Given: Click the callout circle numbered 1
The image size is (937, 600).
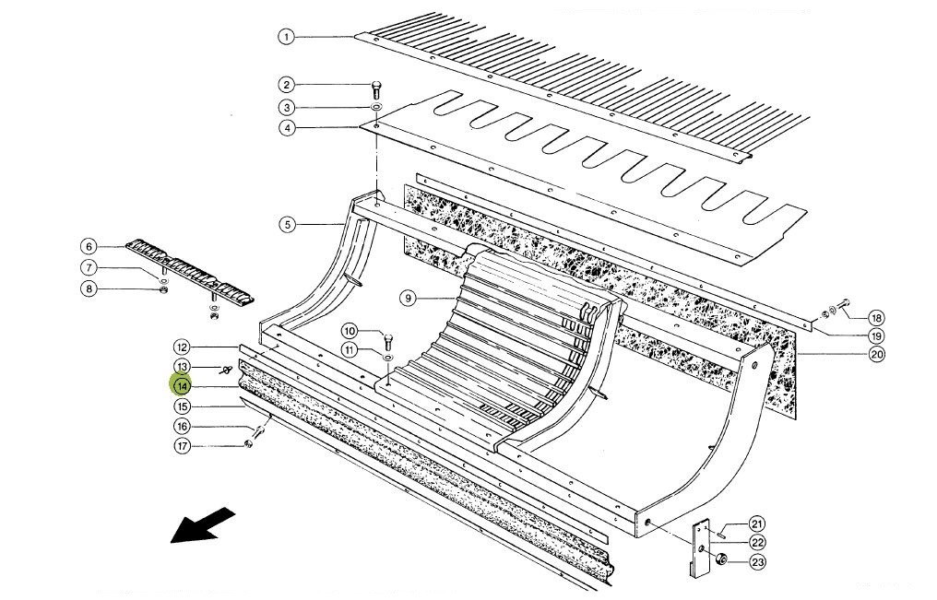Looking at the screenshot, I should pyautogui.click(x=286, y=37).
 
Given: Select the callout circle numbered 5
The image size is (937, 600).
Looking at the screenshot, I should pyautogui.click(x=287, y=224).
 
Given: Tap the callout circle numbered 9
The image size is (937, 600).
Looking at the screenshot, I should pyautogui.click(x=408, y=297).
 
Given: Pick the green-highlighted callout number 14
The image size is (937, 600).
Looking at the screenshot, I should pyautogui.click(x=183, y=385).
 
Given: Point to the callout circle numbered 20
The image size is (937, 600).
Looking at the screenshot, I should pyautogui.click(x=876, y=354).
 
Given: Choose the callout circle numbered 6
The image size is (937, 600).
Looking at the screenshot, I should pyautogui.click(x=89, y=246).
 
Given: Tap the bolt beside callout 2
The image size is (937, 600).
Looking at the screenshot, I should pyautogui.click(x=376, y=90).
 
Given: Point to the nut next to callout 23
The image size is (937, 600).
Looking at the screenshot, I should pyautogui.click(x=723, y=559).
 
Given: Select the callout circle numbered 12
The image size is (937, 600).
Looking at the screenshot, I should pyautogui.click(x=183, y=347).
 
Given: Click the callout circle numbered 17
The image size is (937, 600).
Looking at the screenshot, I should pyautogui.click(x=183, y=446).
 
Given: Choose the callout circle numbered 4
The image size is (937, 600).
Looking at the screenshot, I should pyautogui.click(x=288, y=128).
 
